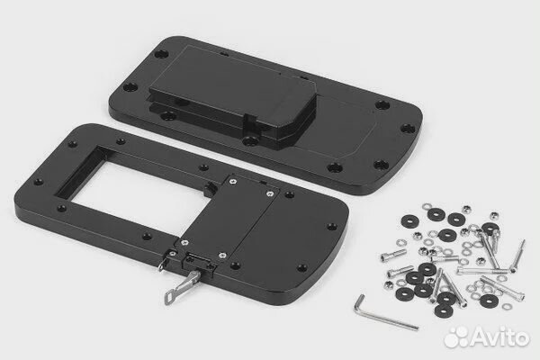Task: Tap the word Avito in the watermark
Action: [501, 337]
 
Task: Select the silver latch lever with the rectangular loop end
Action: [181, 287]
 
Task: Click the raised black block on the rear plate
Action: [230, 93]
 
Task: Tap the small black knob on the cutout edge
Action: [209, 189]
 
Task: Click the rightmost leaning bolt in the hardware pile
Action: [518, 256]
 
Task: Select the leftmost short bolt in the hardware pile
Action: [393, 255]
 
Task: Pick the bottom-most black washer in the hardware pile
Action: [444, 310]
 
